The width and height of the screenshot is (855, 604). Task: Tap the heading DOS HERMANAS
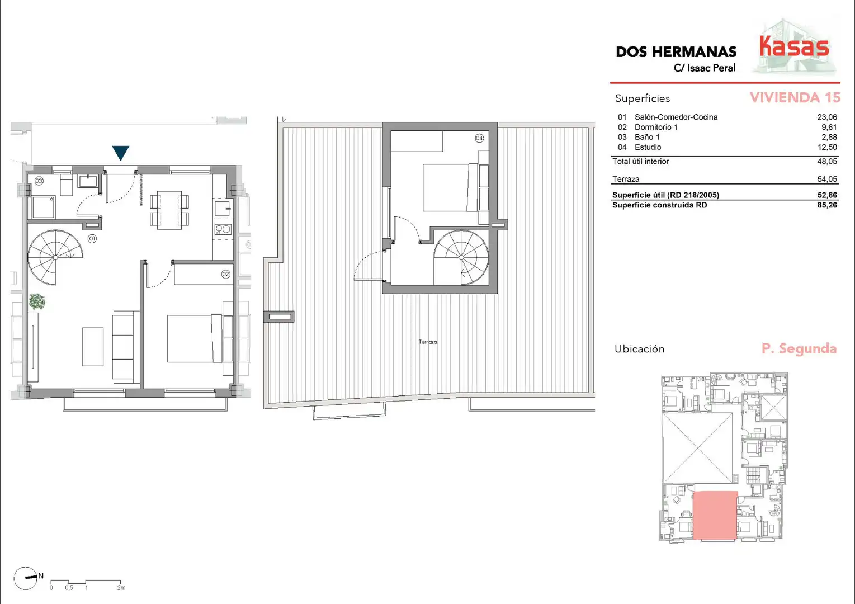676,52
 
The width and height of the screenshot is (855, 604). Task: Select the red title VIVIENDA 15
795,97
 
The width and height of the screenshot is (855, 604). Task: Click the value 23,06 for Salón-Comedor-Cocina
826,117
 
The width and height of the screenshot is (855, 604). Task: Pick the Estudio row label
648,147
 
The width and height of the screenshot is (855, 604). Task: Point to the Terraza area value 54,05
826,179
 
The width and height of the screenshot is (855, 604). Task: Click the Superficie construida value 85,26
826,205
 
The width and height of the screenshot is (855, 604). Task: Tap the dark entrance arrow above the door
121,152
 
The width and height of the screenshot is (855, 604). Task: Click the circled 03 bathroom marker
39,181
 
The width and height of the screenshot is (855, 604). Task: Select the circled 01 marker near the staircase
92,239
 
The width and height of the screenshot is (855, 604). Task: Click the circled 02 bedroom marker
225,274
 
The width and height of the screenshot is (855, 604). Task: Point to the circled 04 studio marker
479,138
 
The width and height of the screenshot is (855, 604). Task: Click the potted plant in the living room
37,301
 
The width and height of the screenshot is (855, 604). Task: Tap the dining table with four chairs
169,210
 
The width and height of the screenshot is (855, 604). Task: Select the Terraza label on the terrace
428,342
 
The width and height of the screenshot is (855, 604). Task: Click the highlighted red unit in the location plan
715,516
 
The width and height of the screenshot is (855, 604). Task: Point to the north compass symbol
26,578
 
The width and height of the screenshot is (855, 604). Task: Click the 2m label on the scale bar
121,588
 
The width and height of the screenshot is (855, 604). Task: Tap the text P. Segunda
799,348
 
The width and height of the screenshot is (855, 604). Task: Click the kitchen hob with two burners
223,229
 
